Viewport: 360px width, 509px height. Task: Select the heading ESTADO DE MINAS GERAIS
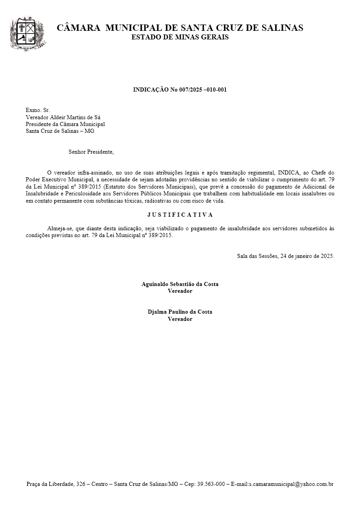point(180,37)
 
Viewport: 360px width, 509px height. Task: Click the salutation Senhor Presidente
point(91,152)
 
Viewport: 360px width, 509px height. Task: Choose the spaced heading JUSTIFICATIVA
point(180,215)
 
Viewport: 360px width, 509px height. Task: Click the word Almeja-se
point(59,229)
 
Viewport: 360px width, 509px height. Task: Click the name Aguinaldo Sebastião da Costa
point(180,284)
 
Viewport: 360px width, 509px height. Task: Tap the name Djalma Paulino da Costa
point(180,312)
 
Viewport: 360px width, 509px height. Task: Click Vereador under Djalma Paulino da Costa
point(180,319)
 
